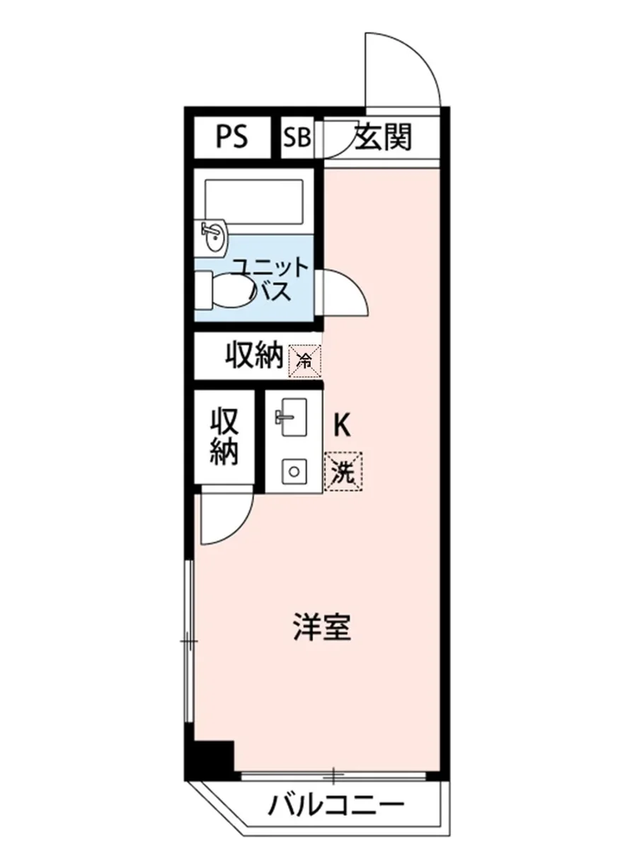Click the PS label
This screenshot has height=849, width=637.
tap(232, 137)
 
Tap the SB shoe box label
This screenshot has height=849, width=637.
tap(297, 137)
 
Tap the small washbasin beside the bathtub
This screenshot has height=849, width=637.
tap(214, 236)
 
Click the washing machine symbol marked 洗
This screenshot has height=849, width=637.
tap(343, 470)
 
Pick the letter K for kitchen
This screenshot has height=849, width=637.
tap(342, 424)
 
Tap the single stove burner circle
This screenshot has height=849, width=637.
tap(291, 469)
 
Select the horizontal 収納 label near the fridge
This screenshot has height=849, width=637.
tap(254, 356)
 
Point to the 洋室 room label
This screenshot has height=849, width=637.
tap(322, 628)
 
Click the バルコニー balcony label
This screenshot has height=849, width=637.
tap(335, 805)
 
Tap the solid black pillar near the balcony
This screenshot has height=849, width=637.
tap(213, 759)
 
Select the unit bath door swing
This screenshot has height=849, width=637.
tap(345, 294)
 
